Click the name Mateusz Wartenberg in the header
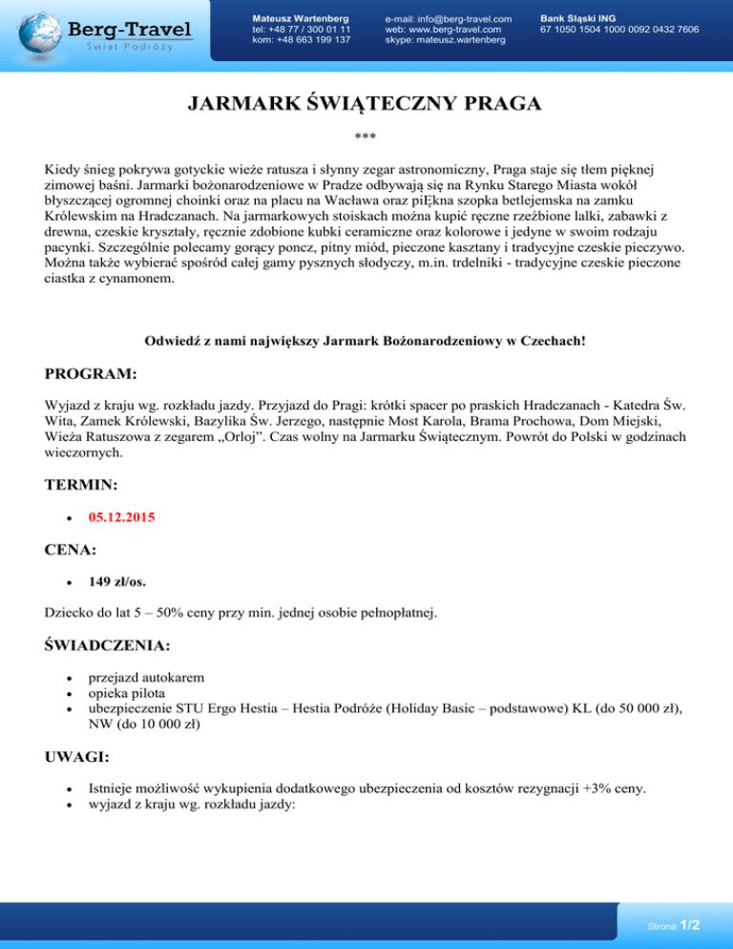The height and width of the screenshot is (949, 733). coord(301,18)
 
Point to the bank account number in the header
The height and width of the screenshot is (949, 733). coord(618,30)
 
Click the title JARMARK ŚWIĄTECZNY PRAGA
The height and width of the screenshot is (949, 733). coord(366,104)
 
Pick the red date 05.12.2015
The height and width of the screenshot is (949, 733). coord(121,518)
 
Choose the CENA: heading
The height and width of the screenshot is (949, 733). coord(73,551)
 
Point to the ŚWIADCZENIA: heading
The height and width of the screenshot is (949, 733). coord(108,645)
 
